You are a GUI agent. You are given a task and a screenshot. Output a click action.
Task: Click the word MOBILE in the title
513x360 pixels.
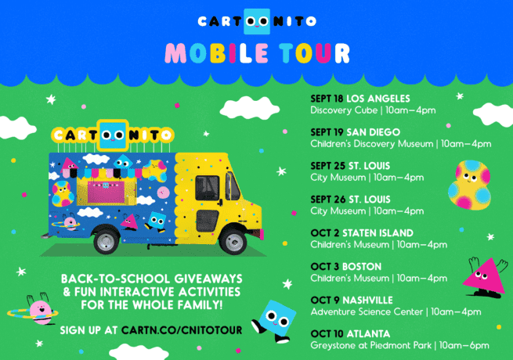coord(217,53)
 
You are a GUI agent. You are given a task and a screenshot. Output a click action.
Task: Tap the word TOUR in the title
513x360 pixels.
coord(314,53)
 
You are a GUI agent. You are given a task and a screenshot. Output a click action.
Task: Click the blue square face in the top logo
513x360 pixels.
coord(257,22)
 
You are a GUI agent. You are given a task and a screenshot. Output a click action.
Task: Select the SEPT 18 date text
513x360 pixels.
coord(327,99)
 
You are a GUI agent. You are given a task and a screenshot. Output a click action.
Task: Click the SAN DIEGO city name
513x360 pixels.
coord(373,132)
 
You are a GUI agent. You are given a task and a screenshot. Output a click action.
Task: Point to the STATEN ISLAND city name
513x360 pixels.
coord(378,233)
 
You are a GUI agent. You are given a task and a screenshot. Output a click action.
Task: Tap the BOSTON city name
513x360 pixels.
coord(362,267)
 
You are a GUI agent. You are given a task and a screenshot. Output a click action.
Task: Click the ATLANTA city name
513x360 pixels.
coord(368,334)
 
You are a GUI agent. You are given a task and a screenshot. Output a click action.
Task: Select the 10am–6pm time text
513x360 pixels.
coord(464,345)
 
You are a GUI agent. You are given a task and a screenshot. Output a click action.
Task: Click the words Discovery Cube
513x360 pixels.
coord(344,110)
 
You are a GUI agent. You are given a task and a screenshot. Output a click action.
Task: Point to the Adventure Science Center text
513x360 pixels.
coord(367,312)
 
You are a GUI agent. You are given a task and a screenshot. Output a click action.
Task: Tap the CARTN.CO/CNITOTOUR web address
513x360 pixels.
coord(182,330)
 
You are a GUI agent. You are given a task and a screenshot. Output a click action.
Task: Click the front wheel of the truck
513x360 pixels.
coord(233,242)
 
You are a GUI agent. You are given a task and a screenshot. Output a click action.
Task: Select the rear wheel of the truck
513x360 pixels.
coord(107,241)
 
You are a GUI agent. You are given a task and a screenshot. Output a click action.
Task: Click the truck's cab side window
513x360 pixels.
coord(207,188)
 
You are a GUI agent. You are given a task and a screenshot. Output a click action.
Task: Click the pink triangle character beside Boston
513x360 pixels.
coord(485,277)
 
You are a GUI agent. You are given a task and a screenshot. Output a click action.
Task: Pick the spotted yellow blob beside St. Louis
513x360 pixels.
coord(470,185)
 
